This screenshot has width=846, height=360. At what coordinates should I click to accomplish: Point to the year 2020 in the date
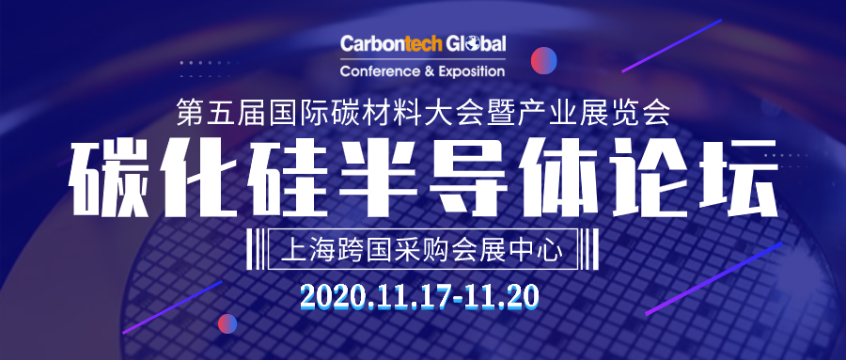coord(328,296)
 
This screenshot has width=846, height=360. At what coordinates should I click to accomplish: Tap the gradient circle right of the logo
coord(544,60)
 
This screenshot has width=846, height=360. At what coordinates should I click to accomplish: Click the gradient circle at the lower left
coord(227,323)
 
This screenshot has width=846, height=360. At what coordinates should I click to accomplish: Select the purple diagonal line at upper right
coord(672,46)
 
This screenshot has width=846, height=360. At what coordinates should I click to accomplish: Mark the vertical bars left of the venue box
coord(256,249)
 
